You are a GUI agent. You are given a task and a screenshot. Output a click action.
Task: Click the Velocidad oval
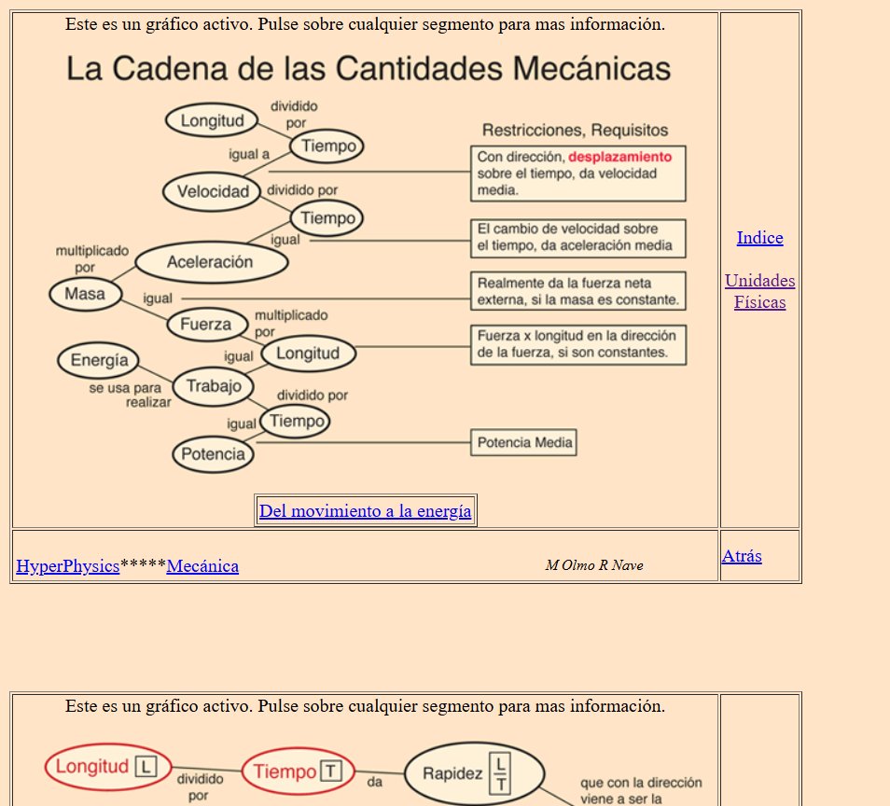(x=213, y=192)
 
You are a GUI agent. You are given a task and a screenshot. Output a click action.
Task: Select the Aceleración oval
(x=211, y=262)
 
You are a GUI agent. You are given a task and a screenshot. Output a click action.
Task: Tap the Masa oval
(x=85, y=295)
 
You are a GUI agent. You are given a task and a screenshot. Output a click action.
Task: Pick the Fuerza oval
(x=205, y=325)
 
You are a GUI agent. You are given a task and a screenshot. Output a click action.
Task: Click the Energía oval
(x=98, y=361)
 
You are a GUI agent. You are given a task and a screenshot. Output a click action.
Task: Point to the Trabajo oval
(x=214, y=386)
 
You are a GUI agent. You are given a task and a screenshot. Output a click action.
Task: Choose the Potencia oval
(x=213, y=454)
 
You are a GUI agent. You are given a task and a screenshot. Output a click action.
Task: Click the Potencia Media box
(x=524, y=442)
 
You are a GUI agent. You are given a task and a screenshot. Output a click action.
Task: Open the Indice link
(x=759, y=238)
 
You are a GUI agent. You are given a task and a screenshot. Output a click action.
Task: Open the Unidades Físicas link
(x=759, y=291)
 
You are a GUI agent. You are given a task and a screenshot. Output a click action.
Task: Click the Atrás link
(x=742, y=556)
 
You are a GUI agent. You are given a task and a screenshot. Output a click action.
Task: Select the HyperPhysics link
(x=68, y=565)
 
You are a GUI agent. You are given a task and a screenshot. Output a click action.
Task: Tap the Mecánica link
(x=202, y=565)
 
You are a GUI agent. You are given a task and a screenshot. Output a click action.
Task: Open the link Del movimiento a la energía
(x=365, y=510)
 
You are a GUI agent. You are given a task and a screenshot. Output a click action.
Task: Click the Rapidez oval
(x=475, y=773)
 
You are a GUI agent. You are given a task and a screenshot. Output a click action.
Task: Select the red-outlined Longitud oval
(x=108, y=768)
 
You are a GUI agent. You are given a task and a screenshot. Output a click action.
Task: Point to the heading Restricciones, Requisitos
(x=575, y=130)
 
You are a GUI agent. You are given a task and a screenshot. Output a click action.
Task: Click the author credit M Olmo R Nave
(x=594, y=565)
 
